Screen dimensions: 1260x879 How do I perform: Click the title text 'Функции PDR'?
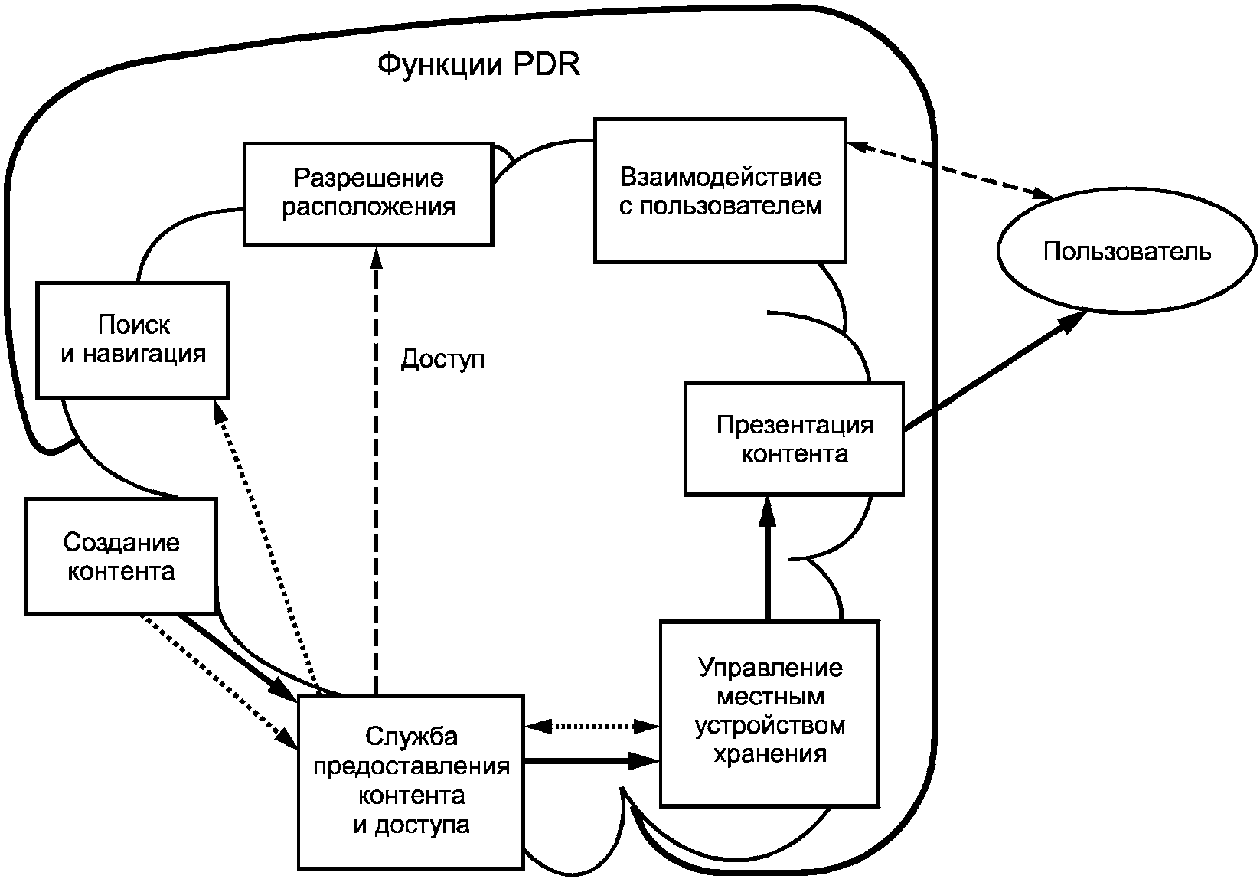478,65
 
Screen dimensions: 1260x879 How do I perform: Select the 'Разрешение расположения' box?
368,194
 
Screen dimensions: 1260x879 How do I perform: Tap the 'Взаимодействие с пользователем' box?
720,191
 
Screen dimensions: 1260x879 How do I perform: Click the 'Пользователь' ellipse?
1127,251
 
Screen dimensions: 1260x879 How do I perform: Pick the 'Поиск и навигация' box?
132,341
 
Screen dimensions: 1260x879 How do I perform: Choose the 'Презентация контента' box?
795,439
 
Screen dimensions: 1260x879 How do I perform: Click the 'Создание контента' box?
121,556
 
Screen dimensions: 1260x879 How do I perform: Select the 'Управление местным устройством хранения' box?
769,714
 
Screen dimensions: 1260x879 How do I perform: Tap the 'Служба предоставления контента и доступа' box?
411,783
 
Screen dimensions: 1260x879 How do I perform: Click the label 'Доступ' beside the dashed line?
442,359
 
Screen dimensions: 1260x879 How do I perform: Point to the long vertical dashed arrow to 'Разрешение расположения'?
376,472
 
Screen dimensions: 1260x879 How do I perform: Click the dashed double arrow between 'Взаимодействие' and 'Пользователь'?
949,170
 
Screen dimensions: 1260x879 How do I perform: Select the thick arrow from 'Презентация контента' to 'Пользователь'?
994,372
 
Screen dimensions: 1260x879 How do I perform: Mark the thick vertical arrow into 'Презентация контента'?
767,558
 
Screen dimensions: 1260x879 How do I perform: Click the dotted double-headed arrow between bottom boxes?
592,727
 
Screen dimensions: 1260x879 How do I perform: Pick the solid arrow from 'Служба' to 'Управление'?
592,761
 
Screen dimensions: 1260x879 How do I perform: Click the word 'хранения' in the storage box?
770,755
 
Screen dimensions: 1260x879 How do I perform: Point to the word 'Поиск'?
134,325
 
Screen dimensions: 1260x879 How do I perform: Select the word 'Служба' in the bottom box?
411,737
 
